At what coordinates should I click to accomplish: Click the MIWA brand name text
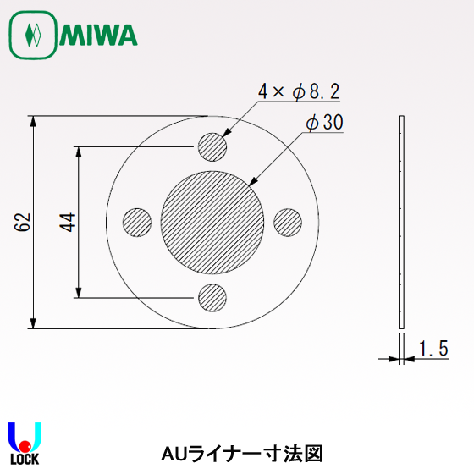pos(100,35)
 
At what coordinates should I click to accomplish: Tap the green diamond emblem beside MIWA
pos(32,36)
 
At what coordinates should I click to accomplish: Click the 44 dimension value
pos(69,222)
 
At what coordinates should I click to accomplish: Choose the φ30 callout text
pos(324,123)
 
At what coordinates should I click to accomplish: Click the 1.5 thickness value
pos(433,348)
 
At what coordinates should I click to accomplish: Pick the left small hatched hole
pos(138,223)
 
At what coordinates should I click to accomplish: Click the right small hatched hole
pos(288,223)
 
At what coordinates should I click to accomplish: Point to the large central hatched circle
pos(212,222)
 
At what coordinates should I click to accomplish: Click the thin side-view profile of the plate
pos(401,223)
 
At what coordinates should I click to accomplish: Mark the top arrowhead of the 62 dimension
pos(34,121)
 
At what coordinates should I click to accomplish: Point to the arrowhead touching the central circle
pos(254,181)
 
